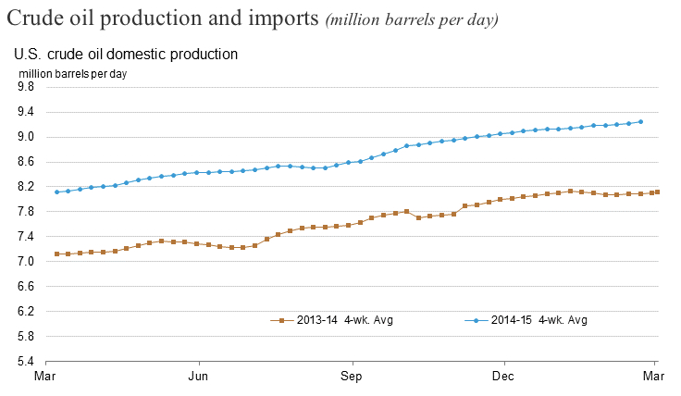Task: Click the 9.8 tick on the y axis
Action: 25,87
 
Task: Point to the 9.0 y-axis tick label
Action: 25,137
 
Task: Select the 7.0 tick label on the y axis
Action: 25,262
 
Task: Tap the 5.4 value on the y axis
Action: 25,361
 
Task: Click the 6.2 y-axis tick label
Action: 25,312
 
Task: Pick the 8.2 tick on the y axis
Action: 25,187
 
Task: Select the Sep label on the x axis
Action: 351,377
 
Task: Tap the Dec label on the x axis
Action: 503,377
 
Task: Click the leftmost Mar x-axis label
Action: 45,377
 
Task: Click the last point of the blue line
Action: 641,121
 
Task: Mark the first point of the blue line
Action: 57,192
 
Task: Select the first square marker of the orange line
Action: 57,254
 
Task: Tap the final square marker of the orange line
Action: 657,192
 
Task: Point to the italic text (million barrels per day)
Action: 412,21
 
